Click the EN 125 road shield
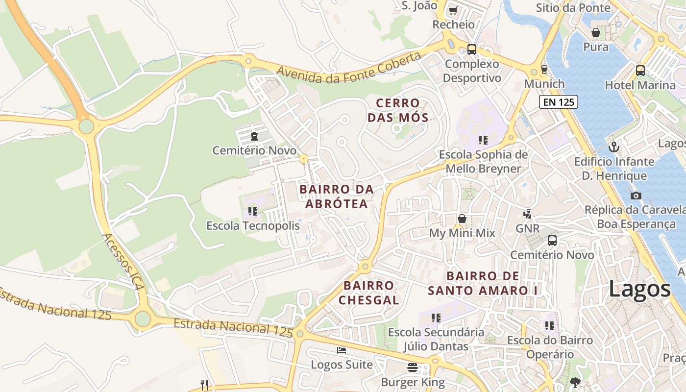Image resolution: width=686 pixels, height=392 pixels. (x=559, y=102)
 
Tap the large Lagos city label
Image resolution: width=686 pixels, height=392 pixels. (x=639, y=289)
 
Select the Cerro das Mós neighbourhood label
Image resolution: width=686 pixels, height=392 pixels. (x=398, y=110)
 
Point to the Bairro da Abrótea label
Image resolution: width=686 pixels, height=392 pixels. (x=336, y=196)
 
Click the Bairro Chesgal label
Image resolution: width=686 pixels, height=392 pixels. (x=368, y=293)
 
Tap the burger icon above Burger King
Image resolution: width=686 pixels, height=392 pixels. (x=413, y=367)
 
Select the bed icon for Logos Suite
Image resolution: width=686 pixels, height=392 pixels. (x=342, y=350)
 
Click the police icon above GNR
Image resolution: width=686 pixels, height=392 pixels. (x=527, y=214)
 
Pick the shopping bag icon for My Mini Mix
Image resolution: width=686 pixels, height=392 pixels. (x=462, y=219)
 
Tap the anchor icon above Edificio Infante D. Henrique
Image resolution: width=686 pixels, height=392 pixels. (x=614, y=147)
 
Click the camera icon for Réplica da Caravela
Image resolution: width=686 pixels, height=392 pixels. (x=636, y=196)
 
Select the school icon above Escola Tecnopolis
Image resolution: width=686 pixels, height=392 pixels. (x=253, y=211)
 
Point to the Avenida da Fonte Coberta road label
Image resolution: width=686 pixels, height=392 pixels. (x=349, y=68)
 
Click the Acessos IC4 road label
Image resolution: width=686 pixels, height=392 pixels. (x=123, y=262)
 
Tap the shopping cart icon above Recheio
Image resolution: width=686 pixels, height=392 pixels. (x=453, y=10)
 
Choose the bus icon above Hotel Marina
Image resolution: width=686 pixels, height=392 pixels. (x=640, y=70)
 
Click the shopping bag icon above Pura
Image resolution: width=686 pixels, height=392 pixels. (x=596, y=32)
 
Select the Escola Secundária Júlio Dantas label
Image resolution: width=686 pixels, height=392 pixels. (x=436, y=339)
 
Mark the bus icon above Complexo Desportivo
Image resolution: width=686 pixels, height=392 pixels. (x=472, y=49)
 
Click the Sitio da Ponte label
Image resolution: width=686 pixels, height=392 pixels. (x=573, y=7)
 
